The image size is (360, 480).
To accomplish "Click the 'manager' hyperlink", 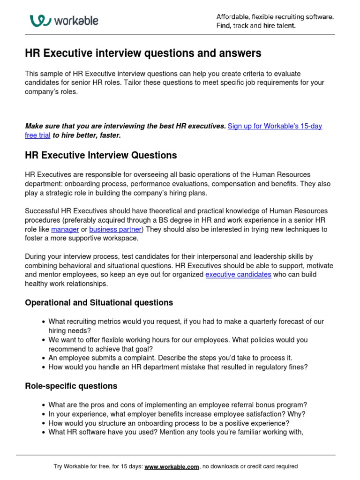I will coord(65,229).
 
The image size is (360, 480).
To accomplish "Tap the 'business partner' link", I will coord(115,229).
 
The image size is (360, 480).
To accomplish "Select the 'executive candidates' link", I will coord(238,274).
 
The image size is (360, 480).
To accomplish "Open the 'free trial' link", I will coord(37,135).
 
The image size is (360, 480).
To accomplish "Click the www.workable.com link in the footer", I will coord(172,466).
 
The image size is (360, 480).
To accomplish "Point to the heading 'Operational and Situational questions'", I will coord(99,302).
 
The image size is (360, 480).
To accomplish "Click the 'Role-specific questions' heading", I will coord(71,386).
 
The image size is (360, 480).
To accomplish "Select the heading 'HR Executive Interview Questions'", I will coord(101,155).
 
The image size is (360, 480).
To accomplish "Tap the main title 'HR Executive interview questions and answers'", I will coord(143,53).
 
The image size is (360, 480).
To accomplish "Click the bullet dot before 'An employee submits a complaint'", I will coord(43,358).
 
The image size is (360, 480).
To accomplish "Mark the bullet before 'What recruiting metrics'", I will coord(43,322).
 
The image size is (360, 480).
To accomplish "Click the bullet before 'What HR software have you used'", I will coord(43,433).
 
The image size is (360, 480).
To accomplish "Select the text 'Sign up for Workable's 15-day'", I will coord(275,126).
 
